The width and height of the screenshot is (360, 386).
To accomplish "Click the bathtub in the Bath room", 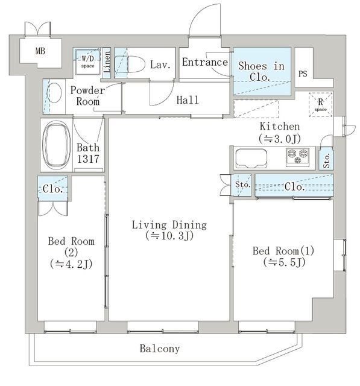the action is [56, 145].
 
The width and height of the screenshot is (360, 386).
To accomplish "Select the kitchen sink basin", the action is [251, 158].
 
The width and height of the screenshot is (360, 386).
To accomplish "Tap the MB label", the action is [40, 51].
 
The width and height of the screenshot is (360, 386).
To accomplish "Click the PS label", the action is [303, 74].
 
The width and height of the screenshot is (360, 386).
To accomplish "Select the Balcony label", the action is [160, 349].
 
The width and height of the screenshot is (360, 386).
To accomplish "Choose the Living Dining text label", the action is [169, 225].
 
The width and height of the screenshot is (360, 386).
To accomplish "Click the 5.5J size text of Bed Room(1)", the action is [285, 262].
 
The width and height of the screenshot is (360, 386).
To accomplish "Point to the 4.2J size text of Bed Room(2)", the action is [71, 264].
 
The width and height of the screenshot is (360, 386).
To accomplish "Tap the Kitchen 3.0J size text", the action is [280, 139].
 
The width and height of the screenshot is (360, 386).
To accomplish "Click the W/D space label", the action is [88, 62].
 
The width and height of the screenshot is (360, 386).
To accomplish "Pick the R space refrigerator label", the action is [320, 104].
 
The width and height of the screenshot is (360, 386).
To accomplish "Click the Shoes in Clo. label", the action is [261, 72].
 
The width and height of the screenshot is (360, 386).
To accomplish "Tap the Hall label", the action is [188, 100].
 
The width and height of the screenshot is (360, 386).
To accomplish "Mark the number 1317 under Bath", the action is [88, 159].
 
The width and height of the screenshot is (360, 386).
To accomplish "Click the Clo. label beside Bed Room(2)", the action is [52, 189].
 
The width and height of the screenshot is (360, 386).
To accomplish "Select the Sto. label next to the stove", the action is [327, 160].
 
